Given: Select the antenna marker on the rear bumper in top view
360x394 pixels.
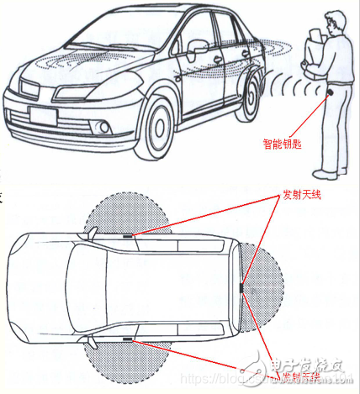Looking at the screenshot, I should pos(241,287).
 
